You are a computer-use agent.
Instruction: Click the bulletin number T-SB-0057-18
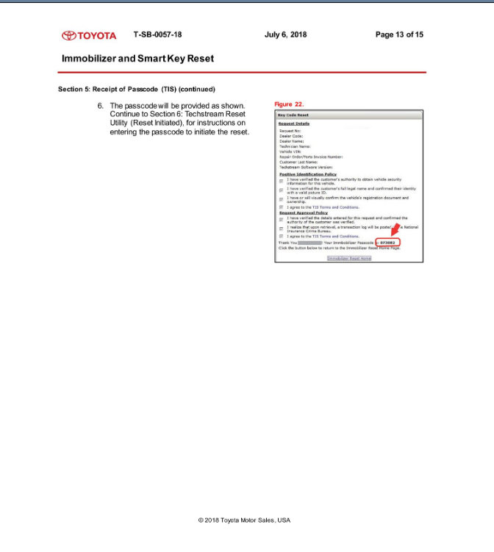(x=158, y=35)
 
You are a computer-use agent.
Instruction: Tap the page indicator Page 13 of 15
(x=399, y=35)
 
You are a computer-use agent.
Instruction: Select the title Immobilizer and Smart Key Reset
(x=138, y=57)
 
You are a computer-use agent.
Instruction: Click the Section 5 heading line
(x=136, y=89)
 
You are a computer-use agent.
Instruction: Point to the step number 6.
(x=101, y=106)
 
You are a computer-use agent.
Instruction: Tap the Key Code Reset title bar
(x=293, y=115)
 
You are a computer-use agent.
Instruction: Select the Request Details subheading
(x=293, y=123)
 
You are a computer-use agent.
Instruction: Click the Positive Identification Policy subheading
(x=308, y=174)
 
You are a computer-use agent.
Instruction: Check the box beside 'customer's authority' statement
(x=281, y=181)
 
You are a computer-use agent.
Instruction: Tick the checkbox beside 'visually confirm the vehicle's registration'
(x=281, y=199)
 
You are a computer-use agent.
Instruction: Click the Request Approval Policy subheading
(x=303, y=212)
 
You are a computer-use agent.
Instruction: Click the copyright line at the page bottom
(x=244, y=520)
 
